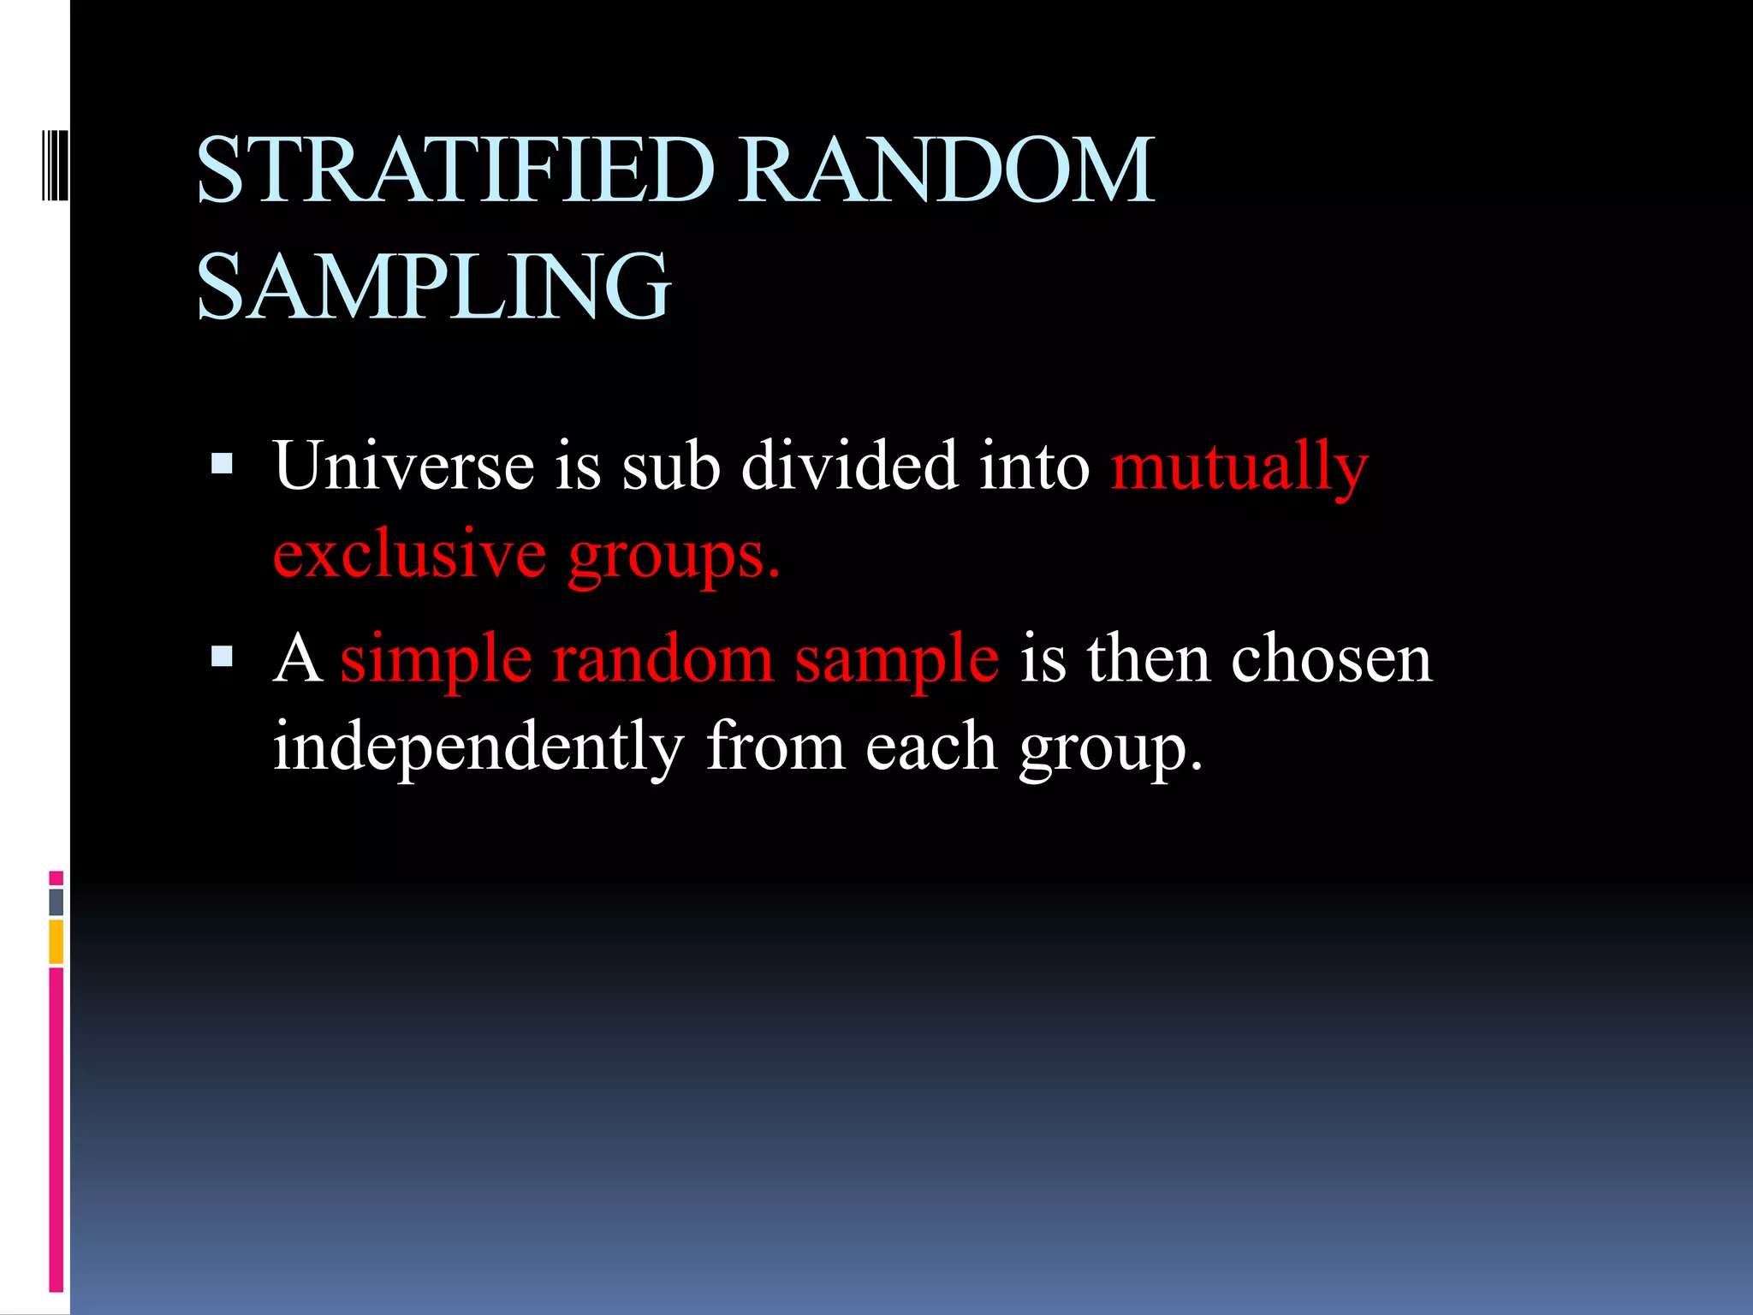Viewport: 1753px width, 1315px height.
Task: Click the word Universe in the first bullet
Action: (x=403, y=467)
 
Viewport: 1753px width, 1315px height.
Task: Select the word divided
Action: (x=849, y=467)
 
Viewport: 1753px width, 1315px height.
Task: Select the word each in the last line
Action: (x=931, y=747)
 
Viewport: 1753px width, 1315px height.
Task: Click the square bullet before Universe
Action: (x=222, y=464)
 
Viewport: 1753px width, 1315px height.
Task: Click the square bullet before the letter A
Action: (x=222, y=657)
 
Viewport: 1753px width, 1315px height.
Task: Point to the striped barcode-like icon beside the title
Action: (x=55, y=164)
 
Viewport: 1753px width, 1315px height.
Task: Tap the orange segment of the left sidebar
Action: (x=56, y=942)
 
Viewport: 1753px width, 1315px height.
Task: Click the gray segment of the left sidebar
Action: (x=56, y=901)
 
